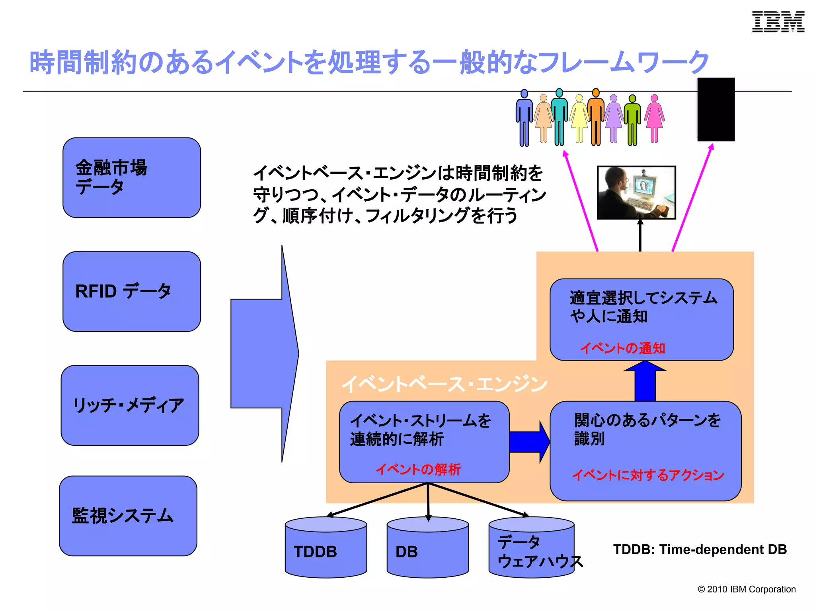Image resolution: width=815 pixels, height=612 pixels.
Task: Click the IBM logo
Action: point(778,22)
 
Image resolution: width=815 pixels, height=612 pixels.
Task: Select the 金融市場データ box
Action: point(131,178)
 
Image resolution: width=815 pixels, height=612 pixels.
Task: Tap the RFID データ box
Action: point(131,291)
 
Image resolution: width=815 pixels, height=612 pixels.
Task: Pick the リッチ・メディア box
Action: point(130,405)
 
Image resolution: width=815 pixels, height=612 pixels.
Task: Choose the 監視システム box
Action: point(128,516)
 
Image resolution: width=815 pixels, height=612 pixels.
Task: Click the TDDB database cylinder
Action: point(326,548)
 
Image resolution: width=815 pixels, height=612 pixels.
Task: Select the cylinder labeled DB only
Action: point(427,548)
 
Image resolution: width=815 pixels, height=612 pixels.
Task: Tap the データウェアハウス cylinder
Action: point(531,548)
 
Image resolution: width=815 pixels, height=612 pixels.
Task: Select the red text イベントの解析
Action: point(418,469)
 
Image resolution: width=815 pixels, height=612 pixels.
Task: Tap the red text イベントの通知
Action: point(623,348)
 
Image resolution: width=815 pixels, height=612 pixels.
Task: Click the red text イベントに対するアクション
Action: point(648,475)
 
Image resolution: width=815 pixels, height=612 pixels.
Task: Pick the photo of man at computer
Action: point(636,192)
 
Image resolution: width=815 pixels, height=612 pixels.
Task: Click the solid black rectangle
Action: point(716,110)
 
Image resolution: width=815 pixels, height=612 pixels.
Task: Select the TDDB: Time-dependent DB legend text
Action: point(700,549)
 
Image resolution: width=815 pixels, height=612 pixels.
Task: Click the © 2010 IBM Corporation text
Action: point(746,589)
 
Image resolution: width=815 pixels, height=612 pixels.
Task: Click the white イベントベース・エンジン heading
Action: point(444,384)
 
